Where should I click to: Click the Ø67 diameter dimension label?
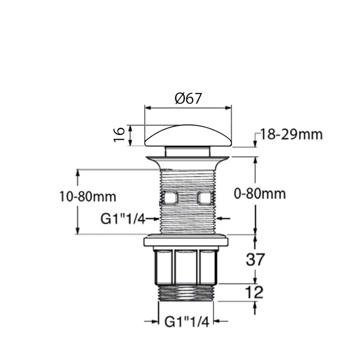tap(188, 98)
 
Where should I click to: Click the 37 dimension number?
tap(255, 260)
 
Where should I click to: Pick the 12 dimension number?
tap(255, 292)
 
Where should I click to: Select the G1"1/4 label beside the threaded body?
tap(122, 219)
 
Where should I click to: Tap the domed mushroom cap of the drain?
tap(188, 135)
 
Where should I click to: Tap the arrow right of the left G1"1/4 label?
tap(153, 219)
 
